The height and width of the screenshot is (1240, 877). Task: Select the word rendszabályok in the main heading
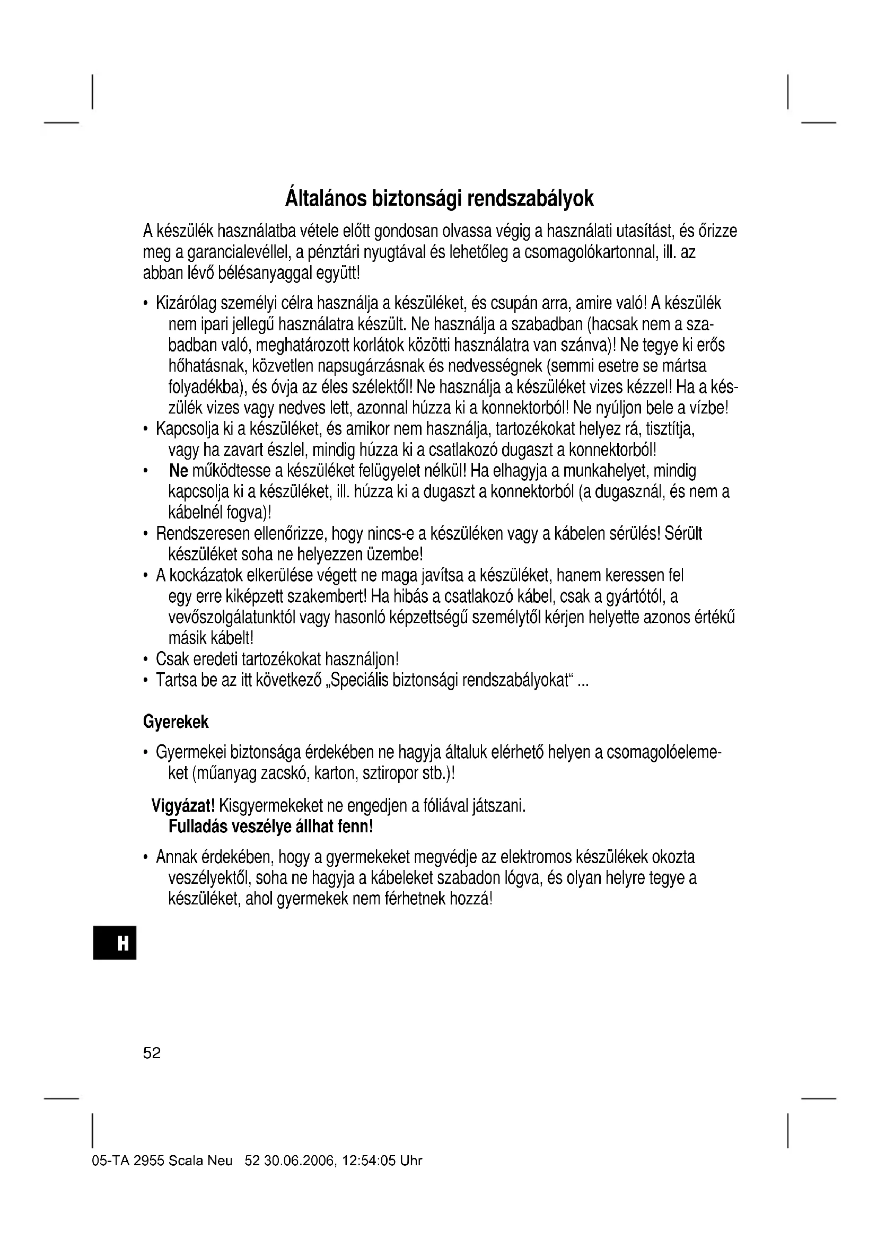tap(530, 199)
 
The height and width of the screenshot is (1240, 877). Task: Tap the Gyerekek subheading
tap(176, 722)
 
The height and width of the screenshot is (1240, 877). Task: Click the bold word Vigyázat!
tap(183, 806)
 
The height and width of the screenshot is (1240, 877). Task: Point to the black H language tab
tap(115, 943)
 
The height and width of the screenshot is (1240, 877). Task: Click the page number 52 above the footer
tap(152, 1053)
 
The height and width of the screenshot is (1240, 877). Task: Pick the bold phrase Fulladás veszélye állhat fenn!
tap(271, 827)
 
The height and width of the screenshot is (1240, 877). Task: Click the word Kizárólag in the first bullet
tap(188, 304)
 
